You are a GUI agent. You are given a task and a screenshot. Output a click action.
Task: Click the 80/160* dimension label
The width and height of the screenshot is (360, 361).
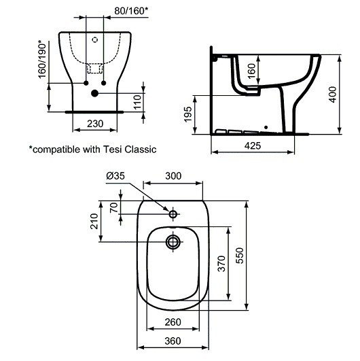pos(131,11)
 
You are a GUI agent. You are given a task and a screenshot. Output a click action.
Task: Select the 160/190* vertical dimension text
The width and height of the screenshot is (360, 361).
pos(42,60)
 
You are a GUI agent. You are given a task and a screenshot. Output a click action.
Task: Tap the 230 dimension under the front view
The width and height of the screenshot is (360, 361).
pos(95,124)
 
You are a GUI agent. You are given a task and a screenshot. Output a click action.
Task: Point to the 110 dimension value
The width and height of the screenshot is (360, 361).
pos(137,102)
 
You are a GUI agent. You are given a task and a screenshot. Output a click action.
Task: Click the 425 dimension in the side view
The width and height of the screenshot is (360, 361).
pos(253,145)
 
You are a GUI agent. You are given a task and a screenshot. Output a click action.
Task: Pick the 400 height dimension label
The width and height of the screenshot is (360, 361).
pos(332,94)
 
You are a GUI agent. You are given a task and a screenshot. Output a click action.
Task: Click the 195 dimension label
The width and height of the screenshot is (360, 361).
pos(187,114)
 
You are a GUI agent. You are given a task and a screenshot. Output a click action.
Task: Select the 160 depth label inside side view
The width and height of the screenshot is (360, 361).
pos(251,71)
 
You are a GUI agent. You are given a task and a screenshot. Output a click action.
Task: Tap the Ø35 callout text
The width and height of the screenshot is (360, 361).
pos(115,176)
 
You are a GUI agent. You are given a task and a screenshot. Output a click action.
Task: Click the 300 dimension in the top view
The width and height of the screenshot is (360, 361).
pos(173,176)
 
